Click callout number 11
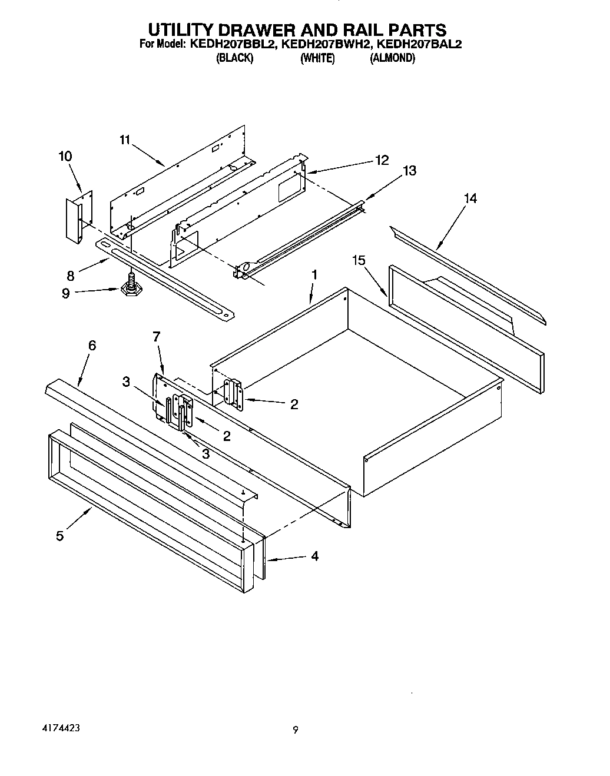(124, 140)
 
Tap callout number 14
(470, 198)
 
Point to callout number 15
(359, 260)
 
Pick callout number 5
(60, 536)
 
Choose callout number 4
(314, 556)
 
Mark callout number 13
(409, 171)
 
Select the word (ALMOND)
(392, 58)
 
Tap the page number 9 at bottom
(296, 730)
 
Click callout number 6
(92, 346)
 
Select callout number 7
(156, 337)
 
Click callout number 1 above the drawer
(314, 274)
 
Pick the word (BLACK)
(235, 58)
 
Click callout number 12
(382, 160)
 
